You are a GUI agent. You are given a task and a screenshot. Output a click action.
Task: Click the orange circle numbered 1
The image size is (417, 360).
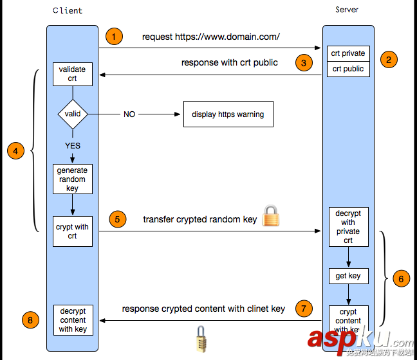113,37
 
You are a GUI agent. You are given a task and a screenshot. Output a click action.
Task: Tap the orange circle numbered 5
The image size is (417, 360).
116,219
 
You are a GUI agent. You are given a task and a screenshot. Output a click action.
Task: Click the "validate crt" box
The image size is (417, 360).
72,74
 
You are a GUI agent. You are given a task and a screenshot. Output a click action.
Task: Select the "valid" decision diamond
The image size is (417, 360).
73,114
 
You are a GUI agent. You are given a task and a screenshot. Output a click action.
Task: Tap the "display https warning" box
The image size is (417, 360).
228,114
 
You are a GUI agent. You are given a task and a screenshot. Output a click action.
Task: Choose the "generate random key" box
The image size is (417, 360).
72,179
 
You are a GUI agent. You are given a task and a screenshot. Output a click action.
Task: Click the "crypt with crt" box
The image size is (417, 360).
72,231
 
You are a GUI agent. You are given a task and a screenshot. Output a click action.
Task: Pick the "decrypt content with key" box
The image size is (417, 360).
73,320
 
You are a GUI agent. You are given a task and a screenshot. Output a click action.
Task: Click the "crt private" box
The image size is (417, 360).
348,53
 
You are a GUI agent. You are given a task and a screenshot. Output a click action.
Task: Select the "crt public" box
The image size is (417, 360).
348,69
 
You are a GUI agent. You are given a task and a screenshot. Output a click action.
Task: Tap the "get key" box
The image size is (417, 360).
348,276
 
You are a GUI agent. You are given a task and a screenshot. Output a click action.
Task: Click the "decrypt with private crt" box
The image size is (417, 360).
348,227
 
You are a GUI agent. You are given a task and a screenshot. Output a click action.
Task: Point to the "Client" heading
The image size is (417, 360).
67,11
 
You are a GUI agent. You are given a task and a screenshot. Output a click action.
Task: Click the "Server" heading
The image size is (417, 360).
347,10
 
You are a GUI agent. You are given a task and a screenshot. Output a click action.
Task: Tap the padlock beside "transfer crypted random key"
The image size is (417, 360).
271,217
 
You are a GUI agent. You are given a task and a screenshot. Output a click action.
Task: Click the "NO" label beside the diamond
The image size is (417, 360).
129,114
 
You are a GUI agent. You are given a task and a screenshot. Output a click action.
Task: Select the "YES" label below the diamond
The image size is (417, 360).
73,146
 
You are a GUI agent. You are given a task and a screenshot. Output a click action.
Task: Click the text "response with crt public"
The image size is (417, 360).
230,62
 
